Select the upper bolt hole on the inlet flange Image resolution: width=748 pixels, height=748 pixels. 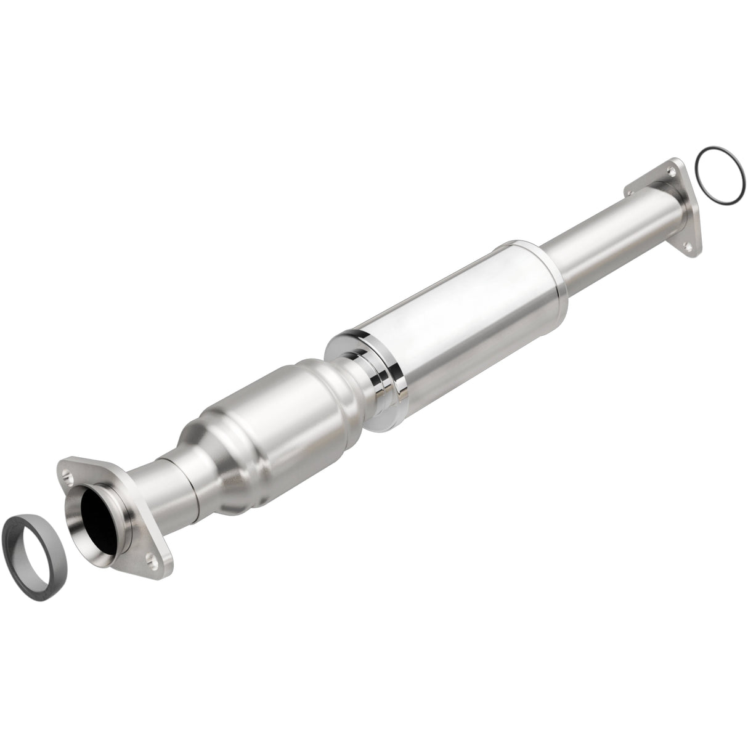[68, 474]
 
